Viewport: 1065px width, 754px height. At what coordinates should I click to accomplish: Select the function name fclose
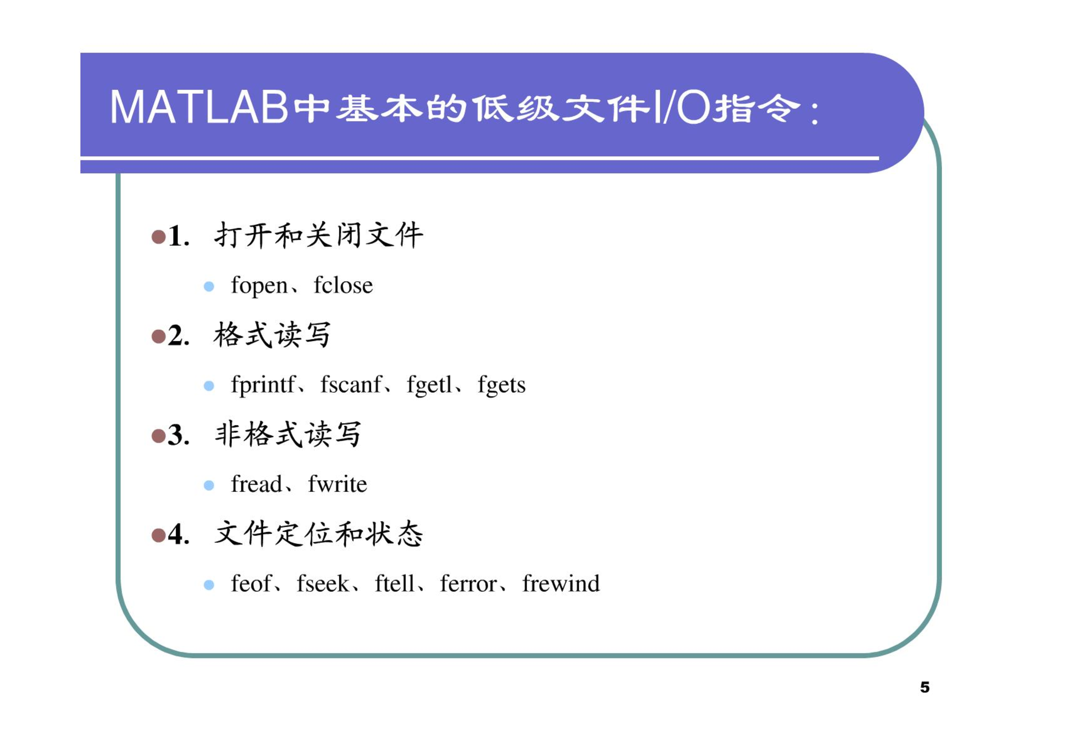(343, 285)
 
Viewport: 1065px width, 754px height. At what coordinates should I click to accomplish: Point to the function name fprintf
(263, 385)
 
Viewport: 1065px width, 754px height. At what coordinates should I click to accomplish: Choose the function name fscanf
(350, 384)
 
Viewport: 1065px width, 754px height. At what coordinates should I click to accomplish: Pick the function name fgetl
(429, 385)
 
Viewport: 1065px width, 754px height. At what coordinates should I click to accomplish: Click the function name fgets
(501, 385)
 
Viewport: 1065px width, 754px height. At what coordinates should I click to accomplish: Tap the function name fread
(256, 484)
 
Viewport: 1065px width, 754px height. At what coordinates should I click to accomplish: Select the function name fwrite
(337, 484)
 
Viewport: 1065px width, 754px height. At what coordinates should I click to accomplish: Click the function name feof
(251, 583)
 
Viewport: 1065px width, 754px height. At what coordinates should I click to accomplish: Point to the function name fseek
(323, 583)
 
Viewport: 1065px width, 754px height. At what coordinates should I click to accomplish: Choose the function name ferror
(468, 583)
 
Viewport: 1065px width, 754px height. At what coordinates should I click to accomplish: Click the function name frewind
(561, 583)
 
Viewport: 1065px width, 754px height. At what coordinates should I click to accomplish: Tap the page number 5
(925, 687)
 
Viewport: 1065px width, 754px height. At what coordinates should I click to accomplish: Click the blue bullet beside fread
(209, 485)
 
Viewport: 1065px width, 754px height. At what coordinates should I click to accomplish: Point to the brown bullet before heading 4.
(158, 535)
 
